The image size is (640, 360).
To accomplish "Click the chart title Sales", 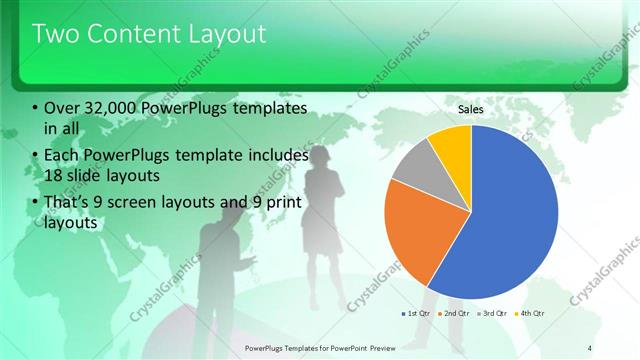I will coord(471,110).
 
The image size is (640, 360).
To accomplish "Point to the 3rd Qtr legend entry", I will coord(492,313).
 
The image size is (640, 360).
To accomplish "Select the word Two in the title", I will coord(57,34).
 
